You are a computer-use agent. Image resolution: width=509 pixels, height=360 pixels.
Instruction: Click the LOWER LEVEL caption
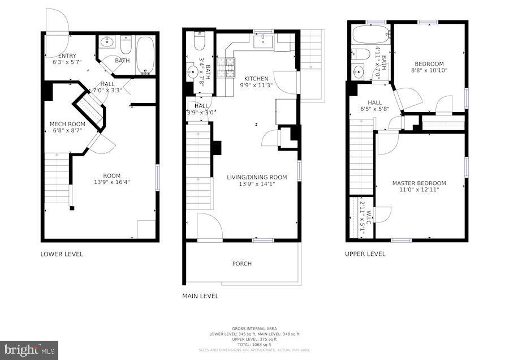[62, 254]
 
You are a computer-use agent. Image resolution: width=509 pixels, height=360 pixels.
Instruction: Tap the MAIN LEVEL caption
[200, 296]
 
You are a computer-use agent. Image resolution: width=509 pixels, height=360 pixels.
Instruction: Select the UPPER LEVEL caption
[365, 254]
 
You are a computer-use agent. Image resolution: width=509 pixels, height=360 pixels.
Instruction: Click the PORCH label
[242, 264]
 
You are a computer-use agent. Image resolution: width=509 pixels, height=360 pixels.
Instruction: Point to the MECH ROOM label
[67, 124]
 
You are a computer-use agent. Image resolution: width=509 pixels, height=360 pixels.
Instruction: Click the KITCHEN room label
[256, 79]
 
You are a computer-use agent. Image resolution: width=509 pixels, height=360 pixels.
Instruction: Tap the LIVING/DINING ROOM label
[257, 177]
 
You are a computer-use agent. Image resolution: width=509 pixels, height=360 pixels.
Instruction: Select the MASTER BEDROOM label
[419, 183]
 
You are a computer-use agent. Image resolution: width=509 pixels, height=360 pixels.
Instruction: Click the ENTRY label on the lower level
[67, 55]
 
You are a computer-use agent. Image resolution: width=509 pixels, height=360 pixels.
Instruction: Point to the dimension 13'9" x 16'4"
[111, 182]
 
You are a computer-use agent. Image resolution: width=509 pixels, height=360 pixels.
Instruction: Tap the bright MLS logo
[29, 350]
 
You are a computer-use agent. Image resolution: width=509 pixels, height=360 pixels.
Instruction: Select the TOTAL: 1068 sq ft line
[255, 344]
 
